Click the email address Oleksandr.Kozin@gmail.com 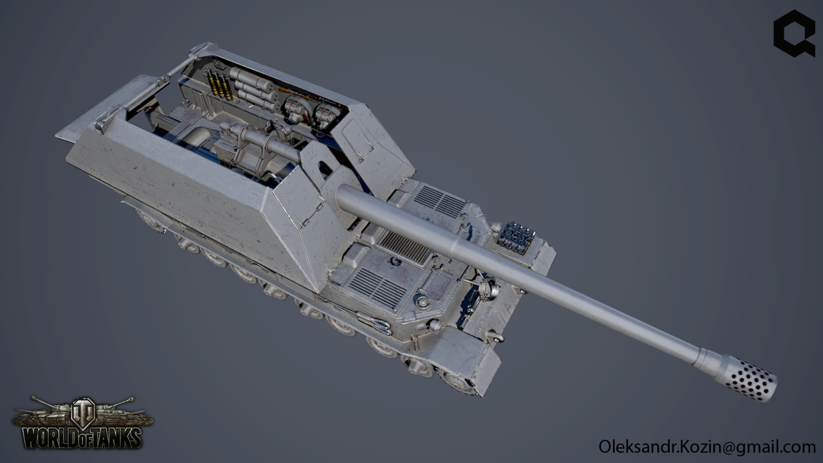[x=707, y=447]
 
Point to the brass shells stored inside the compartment [x=219, y=84]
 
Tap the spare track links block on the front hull [x=516, y=237]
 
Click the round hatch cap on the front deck [x=421, y=301]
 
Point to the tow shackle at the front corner [x=494, y=337]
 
